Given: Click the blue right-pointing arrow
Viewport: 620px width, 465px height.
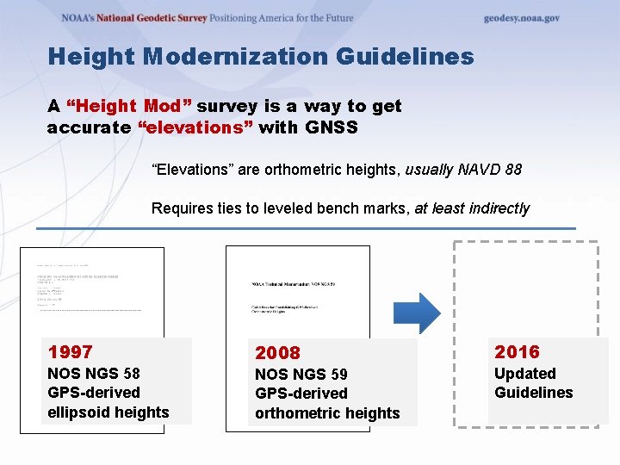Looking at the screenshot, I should tap(423, 313).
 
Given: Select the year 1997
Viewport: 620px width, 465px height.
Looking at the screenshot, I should tap(71, 351).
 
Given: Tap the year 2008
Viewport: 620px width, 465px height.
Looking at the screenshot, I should tap(278, 352).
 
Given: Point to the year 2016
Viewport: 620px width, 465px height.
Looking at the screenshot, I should tap(517, 351).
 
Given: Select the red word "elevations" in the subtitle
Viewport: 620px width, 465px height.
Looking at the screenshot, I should tap(195, 127).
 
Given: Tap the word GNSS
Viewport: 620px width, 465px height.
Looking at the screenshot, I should tap(332, 127).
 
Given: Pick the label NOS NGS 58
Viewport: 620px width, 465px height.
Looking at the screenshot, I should tap(93, 373).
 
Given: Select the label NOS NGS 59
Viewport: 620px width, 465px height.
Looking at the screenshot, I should tap(301, 374).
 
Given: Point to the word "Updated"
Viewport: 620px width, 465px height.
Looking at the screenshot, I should tap(524, 373).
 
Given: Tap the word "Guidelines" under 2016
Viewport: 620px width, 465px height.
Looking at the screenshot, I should tap(533, 393).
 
